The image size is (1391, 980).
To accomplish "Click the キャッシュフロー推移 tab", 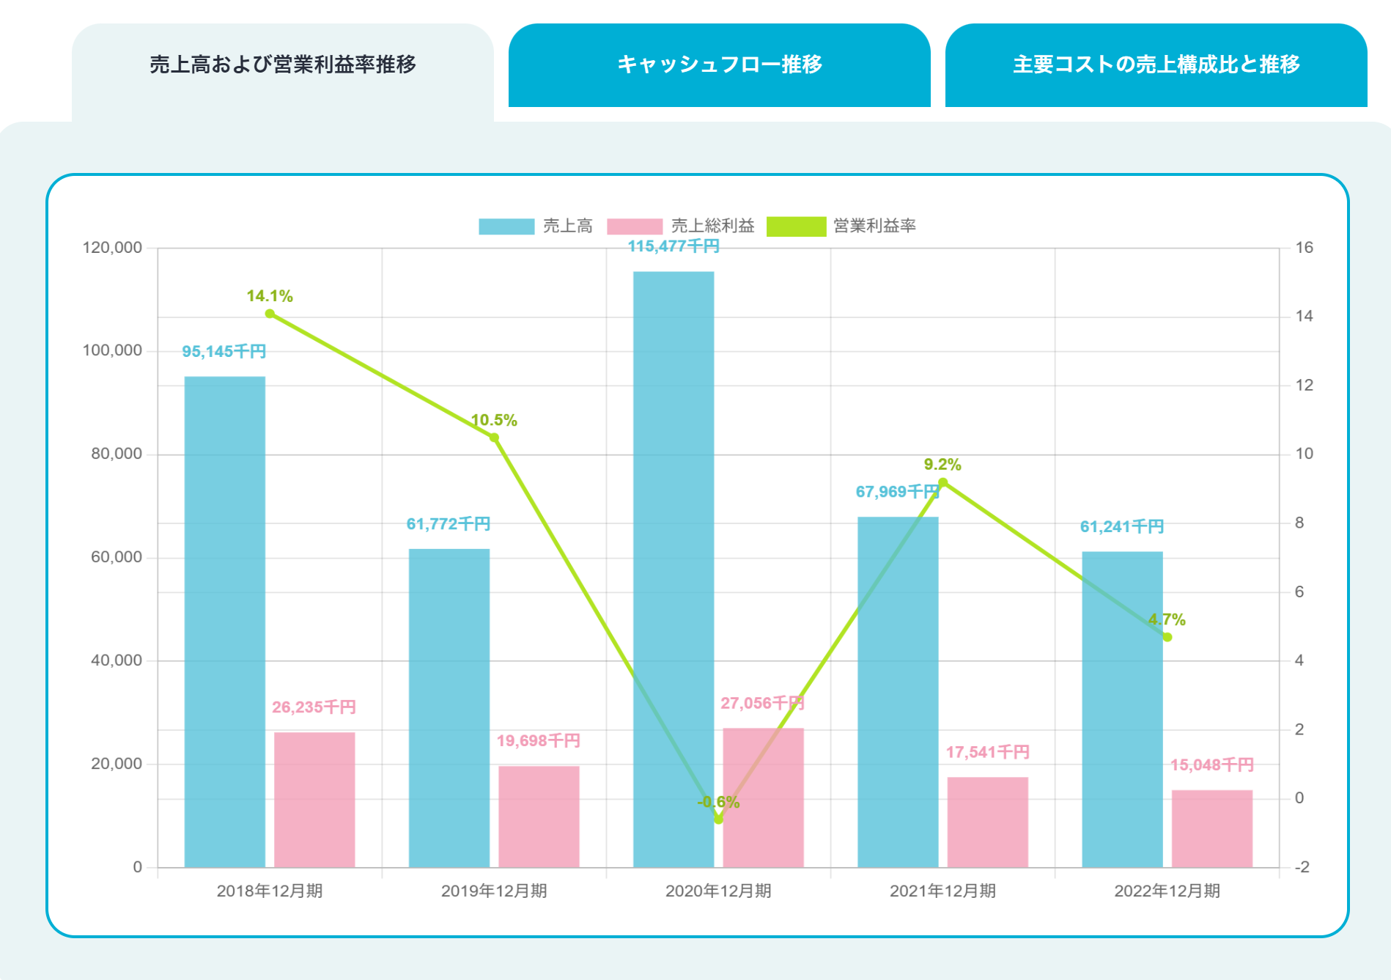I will click(719, 65).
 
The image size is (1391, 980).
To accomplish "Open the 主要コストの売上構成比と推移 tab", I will click(1156, 65).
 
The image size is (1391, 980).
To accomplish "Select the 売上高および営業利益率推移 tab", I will click(282, 65).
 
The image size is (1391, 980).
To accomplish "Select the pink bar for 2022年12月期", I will click(1211, 828).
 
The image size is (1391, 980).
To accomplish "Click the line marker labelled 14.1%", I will click(270, 314).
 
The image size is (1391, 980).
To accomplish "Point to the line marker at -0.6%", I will click(718, 819).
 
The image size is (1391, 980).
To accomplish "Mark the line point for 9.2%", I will click(942, 482).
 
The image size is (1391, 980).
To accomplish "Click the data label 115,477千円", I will click(674, 246).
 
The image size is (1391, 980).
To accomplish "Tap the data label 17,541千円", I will click(987, 752).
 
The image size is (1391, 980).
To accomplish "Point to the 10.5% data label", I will click(494, 420).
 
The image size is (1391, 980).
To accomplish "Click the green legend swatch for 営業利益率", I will click(796, 226).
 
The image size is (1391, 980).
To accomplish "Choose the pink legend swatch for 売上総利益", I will click(635, 226).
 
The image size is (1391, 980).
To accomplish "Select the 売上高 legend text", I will click(568, 226).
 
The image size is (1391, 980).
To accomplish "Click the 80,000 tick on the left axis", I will click(117, 454).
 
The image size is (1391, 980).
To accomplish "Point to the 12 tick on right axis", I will click(1304, 386).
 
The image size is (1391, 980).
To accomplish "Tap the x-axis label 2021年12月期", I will click(942, 891).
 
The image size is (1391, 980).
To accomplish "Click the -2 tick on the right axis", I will click(1302, 867).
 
